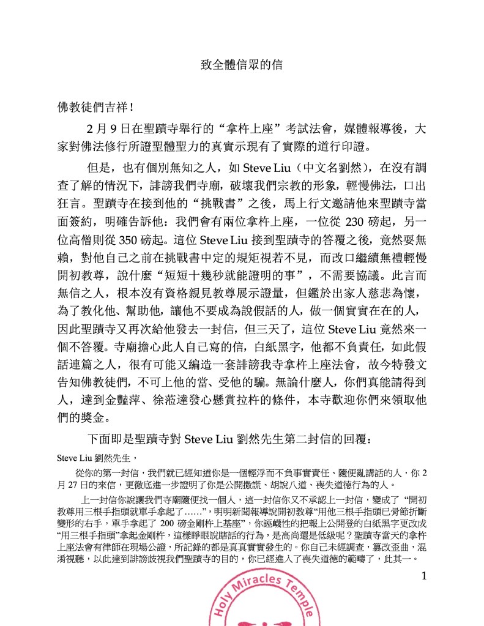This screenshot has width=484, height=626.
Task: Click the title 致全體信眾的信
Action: pos(242,64)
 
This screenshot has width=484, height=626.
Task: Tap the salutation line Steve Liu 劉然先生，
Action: pos(95,458)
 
